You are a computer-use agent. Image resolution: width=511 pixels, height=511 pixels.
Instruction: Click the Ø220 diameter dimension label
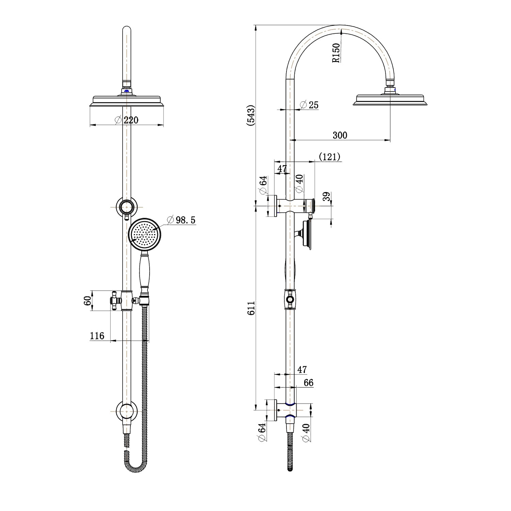pos(127,120)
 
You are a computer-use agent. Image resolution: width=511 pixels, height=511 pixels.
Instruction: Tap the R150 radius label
pos(336,53)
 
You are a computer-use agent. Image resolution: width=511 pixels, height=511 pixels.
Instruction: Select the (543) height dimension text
pos(251,116)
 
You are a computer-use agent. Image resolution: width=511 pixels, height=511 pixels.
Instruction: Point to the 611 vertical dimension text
pos(251,308)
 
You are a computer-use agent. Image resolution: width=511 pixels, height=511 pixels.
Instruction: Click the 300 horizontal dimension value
pos(340,135)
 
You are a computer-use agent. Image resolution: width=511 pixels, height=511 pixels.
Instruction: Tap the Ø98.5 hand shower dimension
pos(182,220)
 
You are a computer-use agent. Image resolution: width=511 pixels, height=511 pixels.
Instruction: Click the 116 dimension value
pos(97,336)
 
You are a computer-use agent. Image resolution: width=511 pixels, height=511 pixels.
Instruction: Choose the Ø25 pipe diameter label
pos(310,105)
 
